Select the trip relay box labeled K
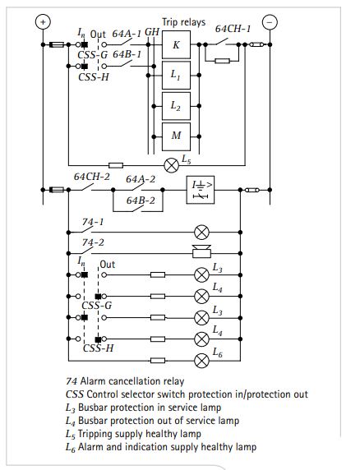175,44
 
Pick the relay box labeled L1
175,75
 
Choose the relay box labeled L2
175,105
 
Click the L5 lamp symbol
172,164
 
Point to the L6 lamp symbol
199,360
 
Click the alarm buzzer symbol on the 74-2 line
199,253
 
